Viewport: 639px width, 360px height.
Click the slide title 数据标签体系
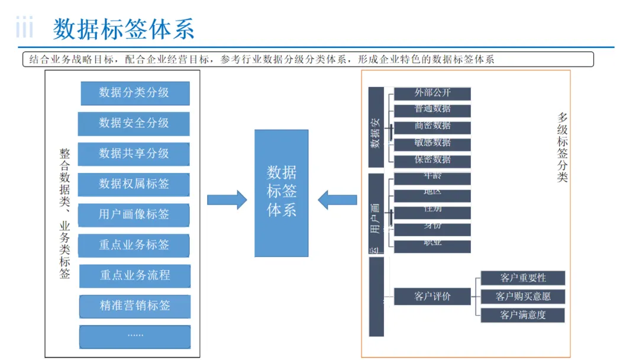124,29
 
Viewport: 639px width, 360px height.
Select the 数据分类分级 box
135,93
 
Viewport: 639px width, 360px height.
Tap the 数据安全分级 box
134,123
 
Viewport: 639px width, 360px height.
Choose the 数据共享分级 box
134,154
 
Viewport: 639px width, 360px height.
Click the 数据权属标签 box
134,185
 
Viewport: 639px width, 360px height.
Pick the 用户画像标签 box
134,215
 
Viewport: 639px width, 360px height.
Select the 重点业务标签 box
134,245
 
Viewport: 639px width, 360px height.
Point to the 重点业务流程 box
135,276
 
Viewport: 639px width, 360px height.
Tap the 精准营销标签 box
135,306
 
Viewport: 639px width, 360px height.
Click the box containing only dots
135,336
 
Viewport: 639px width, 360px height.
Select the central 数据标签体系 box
282,193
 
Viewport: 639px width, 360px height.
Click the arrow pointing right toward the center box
227,200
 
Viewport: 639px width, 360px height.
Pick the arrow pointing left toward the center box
337,200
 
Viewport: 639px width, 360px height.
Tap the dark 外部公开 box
433,94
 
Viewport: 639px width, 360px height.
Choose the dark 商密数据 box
433,127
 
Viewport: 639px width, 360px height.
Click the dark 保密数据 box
433,161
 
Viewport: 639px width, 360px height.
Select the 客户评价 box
433,296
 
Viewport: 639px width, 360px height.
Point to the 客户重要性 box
523,278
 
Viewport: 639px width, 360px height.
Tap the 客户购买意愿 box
523,296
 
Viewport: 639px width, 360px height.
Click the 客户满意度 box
523,315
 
